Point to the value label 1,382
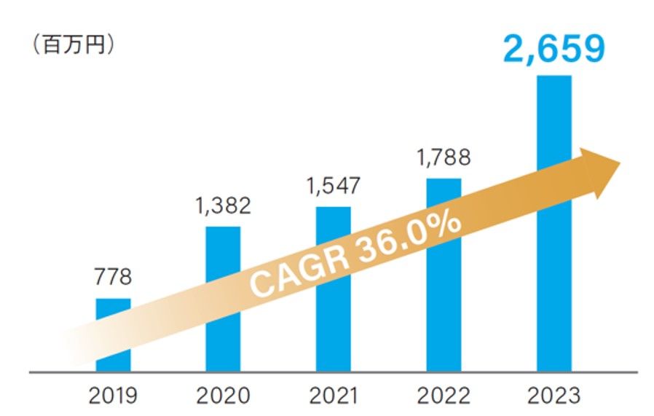coord(223,206)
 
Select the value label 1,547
coord(333,186)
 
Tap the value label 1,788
coord(444,157)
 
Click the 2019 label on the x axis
coord(113,396)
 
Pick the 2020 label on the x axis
coord(223,396)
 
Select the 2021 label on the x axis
coord(333,396)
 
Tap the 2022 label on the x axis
coord(443,396)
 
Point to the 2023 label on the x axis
coord(553,396)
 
